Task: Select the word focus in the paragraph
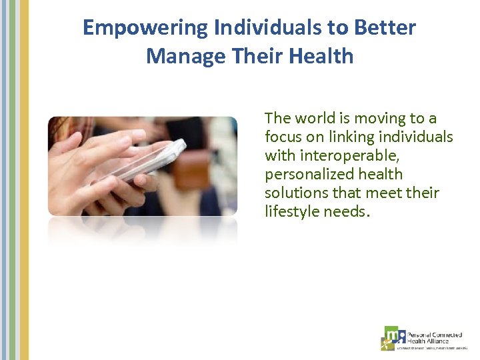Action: [x=285, y=137]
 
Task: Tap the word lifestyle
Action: [x=291, y=212]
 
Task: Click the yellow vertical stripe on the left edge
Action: [x=25, y=180]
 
